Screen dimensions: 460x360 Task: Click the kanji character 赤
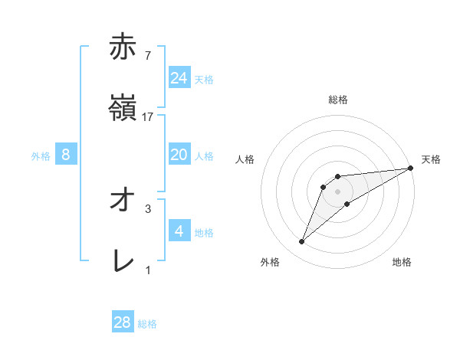coord(123,47)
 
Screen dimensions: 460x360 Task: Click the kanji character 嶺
coord(123,108)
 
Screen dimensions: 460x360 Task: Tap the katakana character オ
coord(123,200)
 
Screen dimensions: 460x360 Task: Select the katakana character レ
coord(123,261)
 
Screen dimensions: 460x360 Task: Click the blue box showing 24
coord(179,77)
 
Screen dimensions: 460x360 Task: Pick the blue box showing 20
coord(179,155)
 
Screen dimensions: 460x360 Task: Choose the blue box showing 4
coord(179,231)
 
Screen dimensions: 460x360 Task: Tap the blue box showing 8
coord(66,155)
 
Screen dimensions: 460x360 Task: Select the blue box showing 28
coord(123,322)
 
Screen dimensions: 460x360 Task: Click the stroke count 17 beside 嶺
coord(149,117)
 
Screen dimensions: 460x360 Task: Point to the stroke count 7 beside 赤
coord(147,56)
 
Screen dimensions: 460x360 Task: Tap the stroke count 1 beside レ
coord(148,270)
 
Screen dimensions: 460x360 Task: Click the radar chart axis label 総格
coord(338,100)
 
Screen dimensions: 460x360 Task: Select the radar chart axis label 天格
coord(431,159)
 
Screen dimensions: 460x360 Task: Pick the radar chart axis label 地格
coord(402,263)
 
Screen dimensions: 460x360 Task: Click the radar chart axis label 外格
coord(270,263)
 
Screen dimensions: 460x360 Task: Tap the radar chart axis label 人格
coord(245,159)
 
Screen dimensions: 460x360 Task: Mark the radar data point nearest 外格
coord(302,242)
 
